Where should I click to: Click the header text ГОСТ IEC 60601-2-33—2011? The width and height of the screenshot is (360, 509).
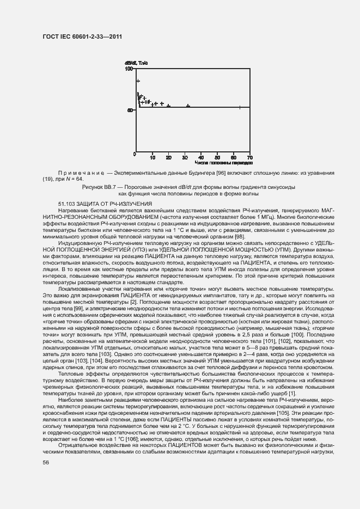coord(82,36)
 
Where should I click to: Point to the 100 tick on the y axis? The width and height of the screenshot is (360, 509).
coord(130,69)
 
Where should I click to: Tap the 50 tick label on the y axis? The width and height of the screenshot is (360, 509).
coord(131,111)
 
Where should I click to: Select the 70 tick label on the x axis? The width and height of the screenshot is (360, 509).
coord(249,157)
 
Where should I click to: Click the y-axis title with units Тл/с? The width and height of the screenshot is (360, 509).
coord(136,63)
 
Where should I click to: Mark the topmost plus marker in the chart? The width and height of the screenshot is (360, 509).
coord(138,81)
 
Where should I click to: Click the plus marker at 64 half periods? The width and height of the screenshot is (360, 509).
coord(240,107)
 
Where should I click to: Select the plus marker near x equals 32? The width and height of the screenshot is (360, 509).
coord(188,106)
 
